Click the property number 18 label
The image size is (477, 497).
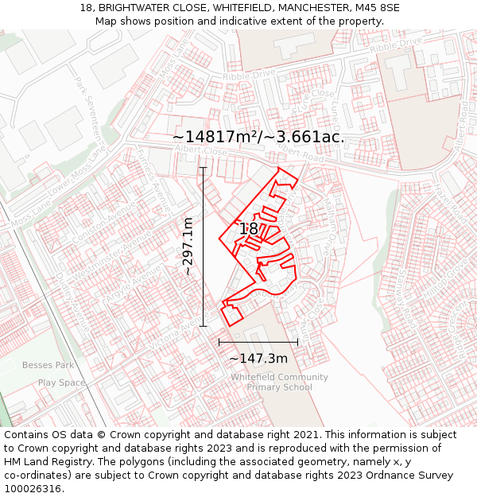[x=249, y=229]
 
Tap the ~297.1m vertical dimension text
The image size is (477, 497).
[x=188, y=247]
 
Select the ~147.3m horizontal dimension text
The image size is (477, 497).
[x=258, y=359]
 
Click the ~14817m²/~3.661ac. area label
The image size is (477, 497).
[x=258, y=137]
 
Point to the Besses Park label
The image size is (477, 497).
[x=48, y=365]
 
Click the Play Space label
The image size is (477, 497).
[x=61, y=382]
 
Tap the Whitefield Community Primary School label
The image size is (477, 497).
[x=279, y=382]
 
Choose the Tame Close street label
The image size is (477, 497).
[x=302, y=103]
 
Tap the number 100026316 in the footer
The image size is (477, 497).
[x=34, y=488]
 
